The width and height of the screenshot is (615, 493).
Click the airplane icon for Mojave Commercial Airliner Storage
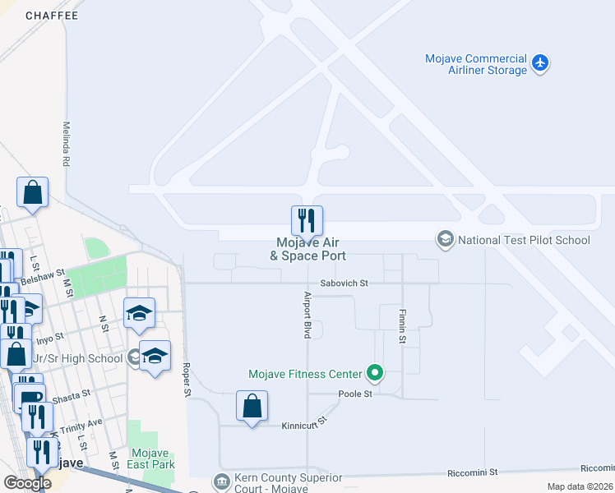click(x=540, y=62)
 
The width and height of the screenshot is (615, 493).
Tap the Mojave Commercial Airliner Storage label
click(x=475, y=64)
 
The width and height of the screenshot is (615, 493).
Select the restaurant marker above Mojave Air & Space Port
click(x=307, y=220)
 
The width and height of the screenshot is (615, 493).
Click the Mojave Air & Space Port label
click(x=307, y=249)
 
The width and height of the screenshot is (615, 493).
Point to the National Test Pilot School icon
click(x=446, y=240)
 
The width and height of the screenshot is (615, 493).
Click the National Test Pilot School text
click(x=524, y=241)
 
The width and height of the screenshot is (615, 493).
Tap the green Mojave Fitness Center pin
click(x=376, y=374)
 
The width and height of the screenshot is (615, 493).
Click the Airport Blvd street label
click(x=307, y=315)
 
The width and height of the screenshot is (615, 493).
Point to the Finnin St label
click(x=403, y=326)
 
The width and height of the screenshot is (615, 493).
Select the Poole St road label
click(x=356, y=394)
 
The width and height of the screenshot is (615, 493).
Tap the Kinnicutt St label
click(x=304, y=422)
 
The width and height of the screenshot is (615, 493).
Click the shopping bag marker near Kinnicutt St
click(x=252, y=406)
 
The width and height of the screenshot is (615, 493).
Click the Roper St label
click(x=187, y=380)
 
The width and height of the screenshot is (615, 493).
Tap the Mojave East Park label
click(x=149, y=458)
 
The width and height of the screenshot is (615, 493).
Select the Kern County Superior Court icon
click(x=221, y=481)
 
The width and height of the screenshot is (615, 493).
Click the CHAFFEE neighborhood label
click(x=52, y=16)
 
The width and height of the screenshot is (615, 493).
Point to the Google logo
click(x=27, y=482)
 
